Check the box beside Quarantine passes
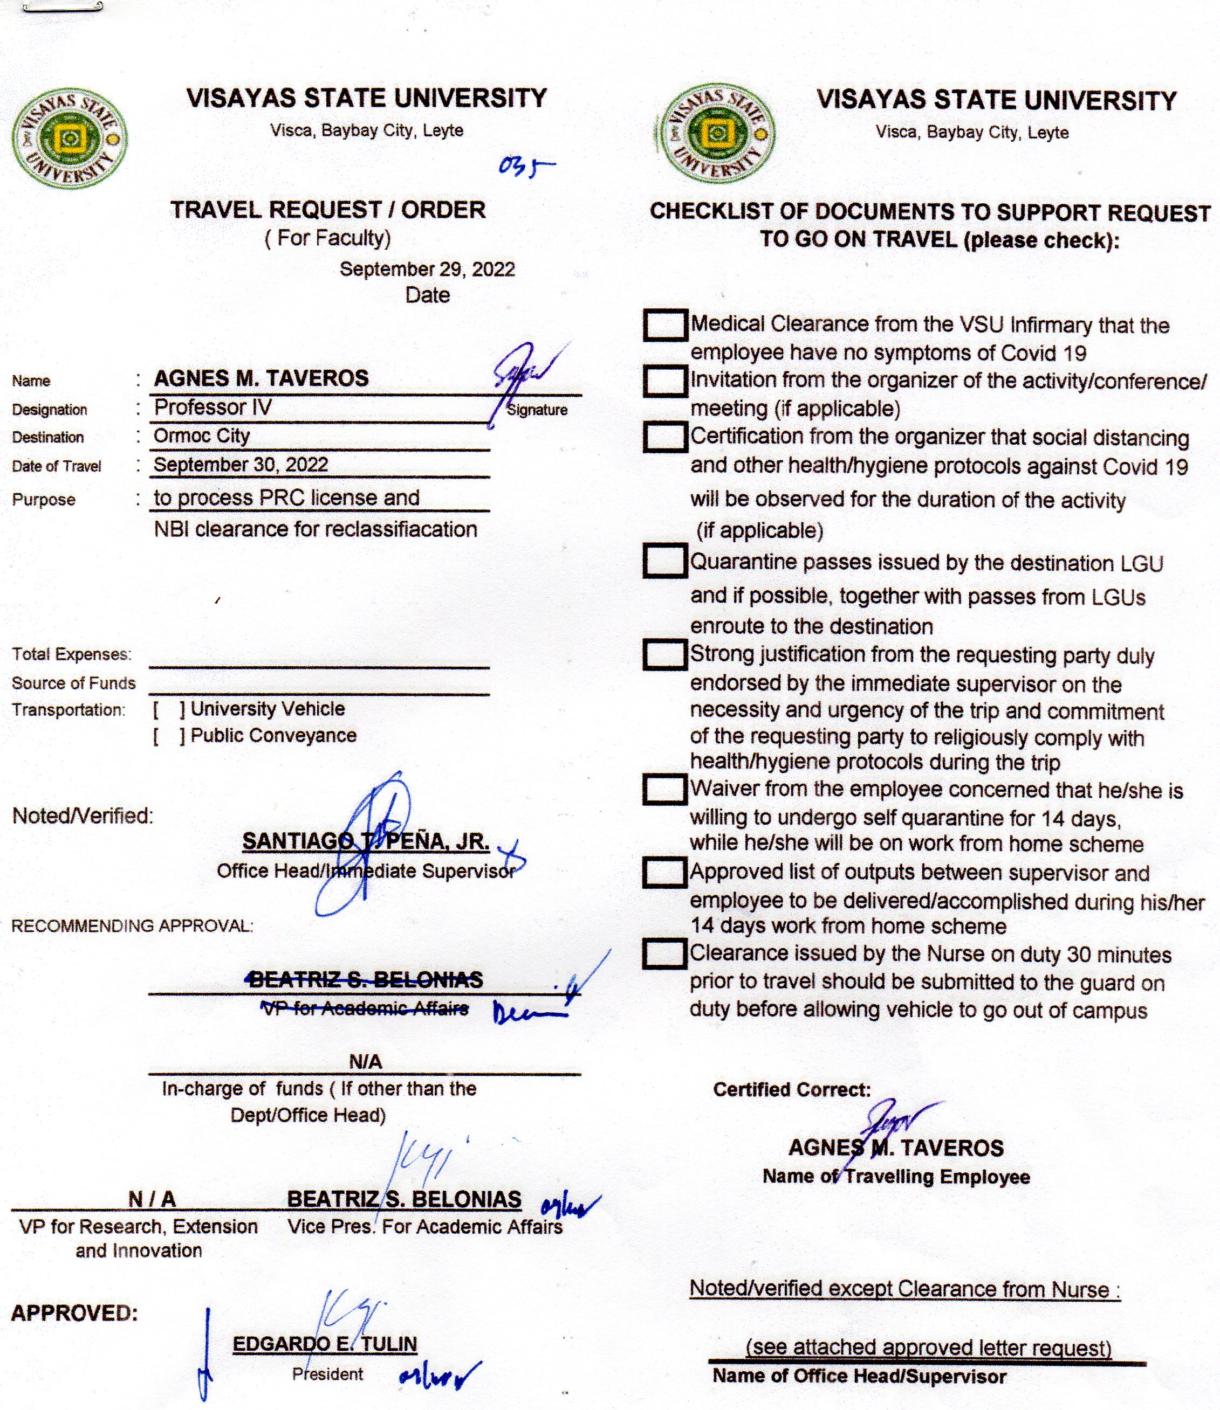664,562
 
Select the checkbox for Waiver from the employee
664,790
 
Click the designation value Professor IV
213,407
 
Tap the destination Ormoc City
202,436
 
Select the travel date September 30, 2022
241,465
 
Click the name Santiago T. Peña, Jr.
366,842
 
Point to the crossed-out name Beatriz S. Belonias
366,980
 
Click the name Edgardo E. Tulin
325,1344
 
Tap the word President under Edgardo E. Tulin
327,1374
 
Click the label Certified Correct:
792,1089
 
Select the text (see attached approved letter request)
929,1347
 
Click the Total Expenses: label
72,655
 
